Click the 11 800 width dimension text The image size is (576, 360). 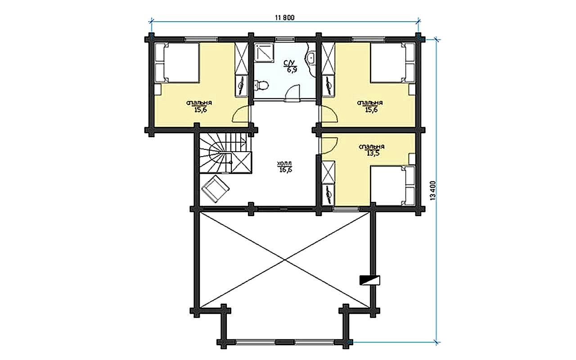click(x=285, y=18)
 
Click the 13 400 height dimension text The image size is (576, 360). click(x=432, y=190)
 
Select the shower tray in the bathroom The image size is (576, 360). click(x=264, y=53)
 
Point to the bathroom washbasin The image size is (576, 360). click(x=310, y=58)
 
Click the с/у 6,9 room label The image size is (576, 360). click(x=290, y=67)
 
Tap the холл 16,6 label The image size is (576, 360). click(x=285, y=166)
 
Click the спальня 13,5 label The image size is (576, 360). click(x=372, y=150)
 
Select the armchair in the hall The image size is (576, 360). click(x=216, y=189)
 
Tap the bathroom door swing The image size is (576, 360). click(x=293, y=93)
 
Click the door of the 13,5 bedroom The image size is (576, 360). click(x=328, y=145)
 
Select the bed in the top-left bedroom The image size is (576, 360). click(x=177, y=63)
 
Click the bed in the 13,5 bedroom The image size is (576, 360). click(x=393, y=185)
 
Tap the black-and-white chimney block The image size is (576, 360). click(x=370, y=280)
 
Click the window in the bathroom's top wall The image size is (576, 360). click(x=285, y=39)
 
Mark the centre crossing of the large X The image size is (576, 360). click(x=285, y=260)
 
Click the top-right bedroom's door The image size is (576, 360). click(x=329, y=115)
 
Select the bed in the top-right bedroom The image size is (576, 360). click(x=393, y=63)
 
